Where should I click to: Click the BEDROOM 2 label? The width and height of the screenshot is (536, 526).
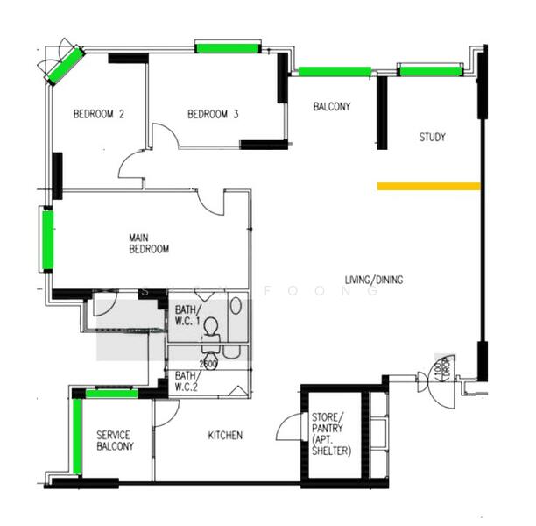tap(99, 114)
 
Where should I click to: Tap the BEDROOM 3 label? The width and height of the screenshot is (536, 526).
tap(214, 114)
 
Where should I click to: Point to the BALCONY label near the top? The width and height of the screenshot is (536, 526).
tap(332, 107)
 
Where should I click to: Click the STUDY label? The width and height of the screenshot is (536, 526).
tap(432, 137)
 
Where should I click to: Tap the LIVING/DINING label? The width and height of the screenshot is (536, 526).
tap(374, 280)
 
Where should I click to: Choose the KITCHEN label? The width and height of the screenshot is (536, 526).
tap(225, 436)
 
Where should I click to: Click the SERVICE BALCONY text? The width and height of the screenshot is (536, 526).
tap(115, 441)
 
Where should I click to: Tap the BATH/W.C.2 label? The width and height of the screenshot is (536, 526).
tap(185, 380)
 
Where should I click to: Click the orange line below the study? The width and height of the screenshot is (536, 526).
tap(428, 186)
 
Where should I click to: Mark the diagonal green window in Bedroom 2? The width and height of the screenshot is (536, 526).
tap(65, 66)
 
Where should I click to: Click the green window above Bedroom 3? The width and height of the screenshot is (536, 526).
tap(228, 47)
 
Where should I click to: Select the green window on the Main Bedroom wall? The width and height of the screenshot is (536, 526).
tap(46, 239)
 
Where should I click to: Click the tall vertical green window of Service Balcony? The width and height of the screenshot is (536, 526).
tap(78, 436)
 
